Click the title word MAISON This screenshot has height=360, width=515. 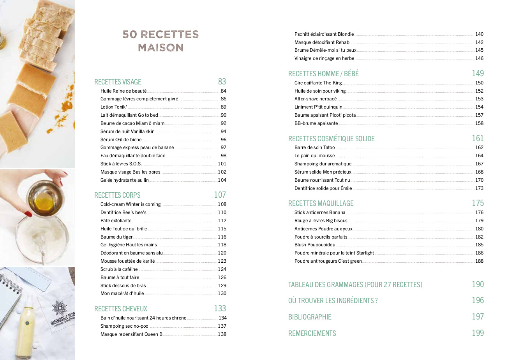[x=160, y=47]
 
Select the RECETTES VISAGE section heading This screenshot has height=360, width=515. [x=118, y=82]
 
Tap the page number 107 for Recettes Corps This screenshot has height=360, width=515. [x=220, y=195]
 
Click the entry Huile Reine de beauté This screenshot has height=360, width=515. [x=123, y=91]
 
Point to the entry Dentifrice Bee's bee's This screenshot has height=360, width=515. [x=123, y=212]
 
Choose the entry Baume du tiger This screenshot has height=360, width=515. [x=116, y=237]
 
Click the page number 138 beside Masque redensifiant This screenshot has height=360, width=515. [x=222, y=334]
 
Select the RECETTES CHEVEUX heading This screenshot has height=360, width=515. [x=121, y=309]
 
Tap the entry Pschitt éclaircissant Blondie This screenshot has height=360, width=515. [x=324, y=34]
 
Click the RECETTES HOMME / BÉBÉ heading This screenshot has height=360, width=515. [x=323, y=74]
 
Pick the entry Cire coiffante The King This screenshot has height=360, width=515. [x=318, y=83]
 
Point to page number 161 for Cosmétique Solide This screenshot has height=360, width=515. [x=478, y=138]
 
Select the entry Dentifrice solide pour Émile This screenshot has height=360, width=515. [x=323, y=188]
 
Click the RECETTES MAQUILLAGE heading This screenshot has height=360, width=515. [x=321, y=203]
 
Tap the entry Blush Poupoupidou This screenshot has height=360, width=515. [x=315, y=245]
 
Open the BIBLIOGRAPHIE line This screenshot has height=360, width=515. [x=310, y=317]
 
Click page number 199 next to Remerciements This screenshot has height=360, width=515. [x=478, y=333]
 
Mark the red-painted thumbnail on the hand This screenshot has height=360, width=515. [x=28, y=214]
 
